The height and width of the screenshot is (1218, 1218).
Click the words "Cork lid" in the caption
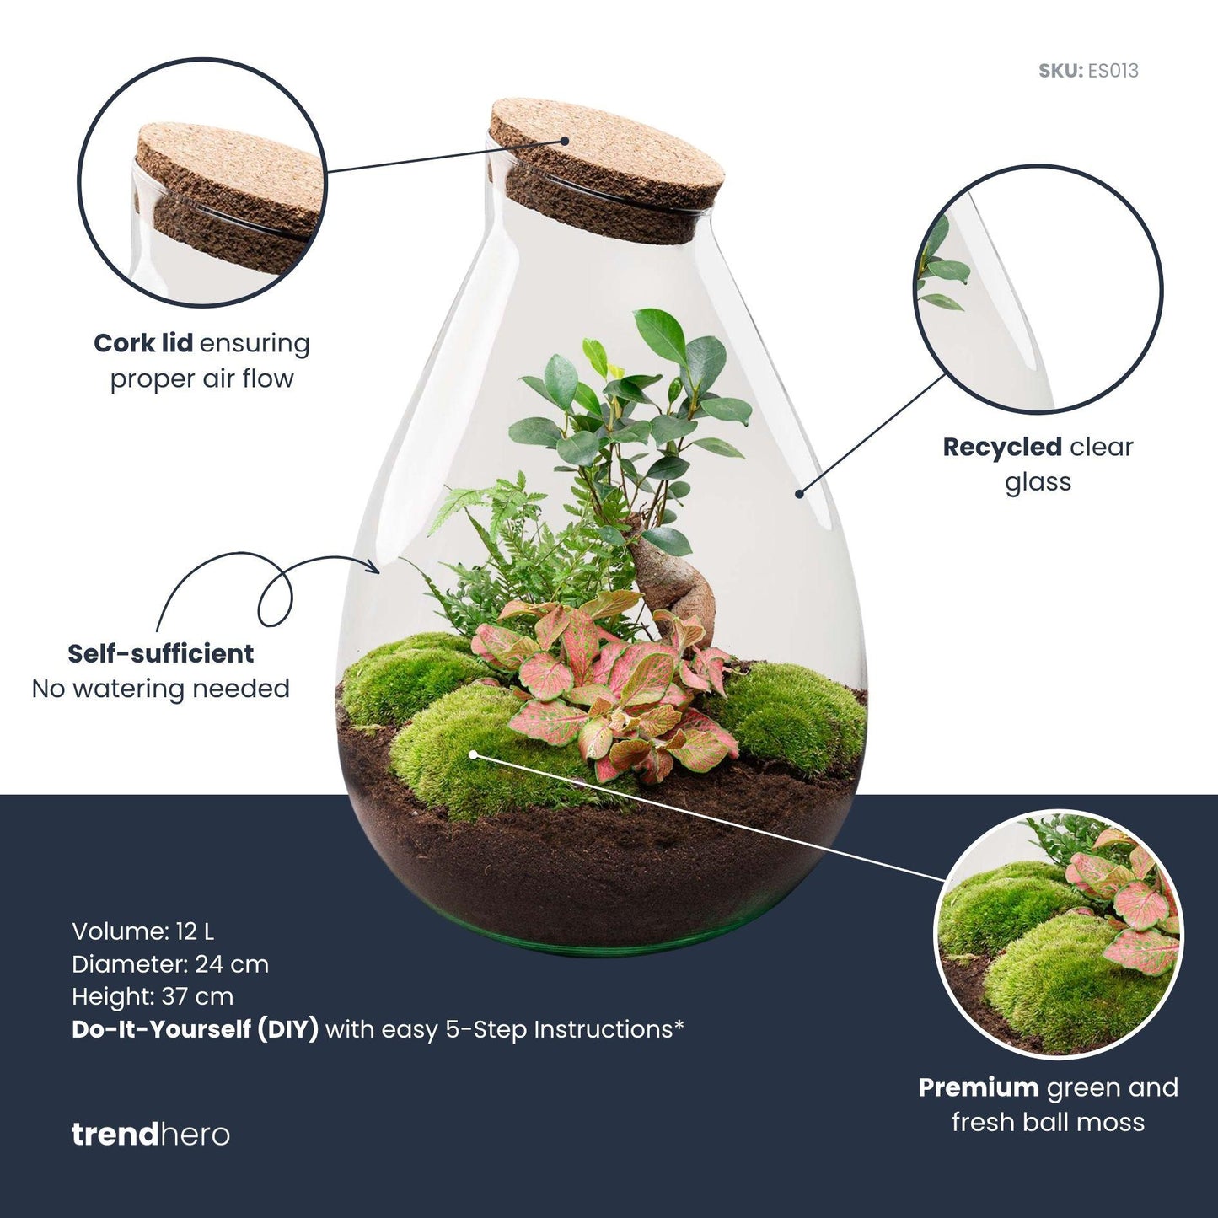(143, 344)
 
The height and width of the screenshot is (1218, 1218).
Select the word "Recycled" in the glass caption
(1001, 448)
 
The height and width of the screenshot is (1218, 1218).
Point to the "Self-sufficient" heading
(160, 654)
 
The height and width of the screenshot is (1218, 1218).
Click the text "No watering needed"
(160, 689)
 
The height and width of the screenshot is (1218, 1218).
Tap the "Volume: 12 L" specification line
(142, 931)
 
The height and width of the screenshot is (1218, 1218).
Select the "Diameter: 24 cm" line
(169, 964)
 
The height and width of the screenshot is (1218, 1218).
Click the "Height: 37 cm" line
(152, 996)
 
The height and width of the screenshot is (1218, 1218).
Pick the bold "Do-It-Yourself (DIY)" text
(195, 1029)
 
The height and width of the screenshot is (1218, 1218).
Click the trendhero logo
(150, 1135)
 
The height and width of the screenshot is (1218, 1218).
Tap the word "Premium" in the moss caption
(978, 1088)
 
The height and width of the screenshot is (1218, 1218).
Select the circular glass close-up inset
(1038, 289)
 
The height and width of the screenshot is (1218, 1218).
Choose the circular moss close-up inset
(1060, 933)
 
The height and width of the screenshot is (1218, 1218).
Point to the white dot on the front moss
(475, 754)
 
